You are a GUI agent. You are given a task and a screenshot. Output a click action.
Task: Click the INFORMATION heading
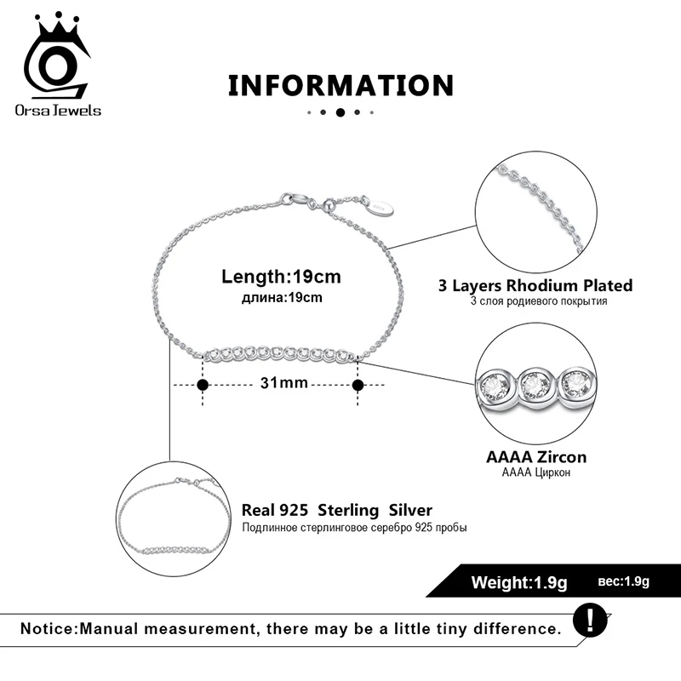(340, 85)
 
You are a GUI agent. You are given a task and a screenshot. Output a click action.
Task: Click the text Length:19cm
(281, 277)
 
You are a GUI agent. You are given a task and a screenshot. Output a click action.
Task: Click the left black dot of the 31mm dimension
(203, 385)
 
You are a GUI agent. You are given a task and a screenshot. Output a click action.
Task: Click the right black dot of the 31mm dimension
(358, 385)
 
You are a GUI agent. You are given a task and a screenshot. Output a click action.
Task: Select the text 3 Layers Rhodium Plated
(535, 286)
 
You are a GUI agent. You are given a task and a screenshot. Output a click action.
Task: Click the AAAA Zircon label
(536, 457)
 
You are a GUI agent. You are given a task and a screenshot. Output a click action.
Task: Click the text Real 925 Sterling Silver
(337, 510)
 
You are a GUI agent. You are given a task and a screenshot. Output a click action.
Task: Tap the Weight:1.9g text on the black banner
(519, 582)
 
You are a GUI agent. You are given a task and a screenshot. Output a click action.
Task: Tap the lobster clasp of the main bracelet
(294, 200)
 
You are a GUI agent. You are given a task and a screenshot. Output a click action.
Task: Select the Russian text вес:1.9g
(623, 581)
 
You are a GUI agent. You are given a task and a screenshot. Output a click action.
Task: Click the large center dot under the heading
(340, 112)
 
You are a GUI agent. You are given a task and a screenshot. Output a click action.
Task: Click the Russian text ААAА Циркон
(536, 472)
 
